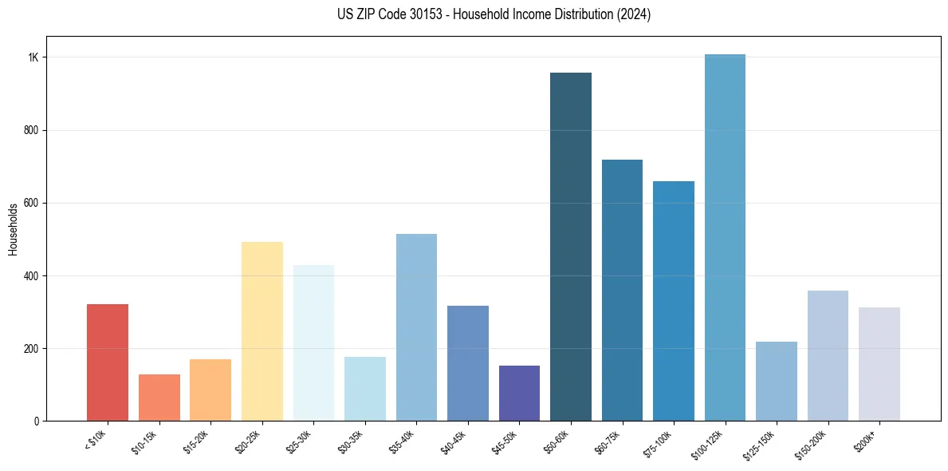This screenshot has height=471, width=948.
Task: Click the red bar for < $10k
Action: coord(107,362)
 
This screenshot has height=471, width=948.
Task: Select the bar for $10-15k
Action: coord(159,398)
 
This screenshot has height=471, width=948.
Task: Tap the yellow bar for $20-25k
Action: coord(262,331)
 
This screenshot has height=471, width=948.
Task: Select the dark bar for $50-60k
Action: coord(571,247)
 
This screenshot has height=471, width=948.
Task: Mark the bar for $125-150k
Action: coord(777,381)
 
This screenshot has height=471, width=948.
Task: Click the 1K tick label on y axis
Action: coord(33,57)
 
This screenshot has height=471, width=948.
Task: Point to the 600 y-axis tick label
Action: coord(32,203)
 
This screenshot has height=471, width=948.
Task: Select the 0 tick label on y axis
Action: coord(37,421)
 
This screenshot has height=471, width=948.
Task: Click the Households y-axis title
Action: coord(14,229)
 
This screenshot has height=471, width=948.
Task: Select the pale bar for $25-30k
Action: coord(313,342)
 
